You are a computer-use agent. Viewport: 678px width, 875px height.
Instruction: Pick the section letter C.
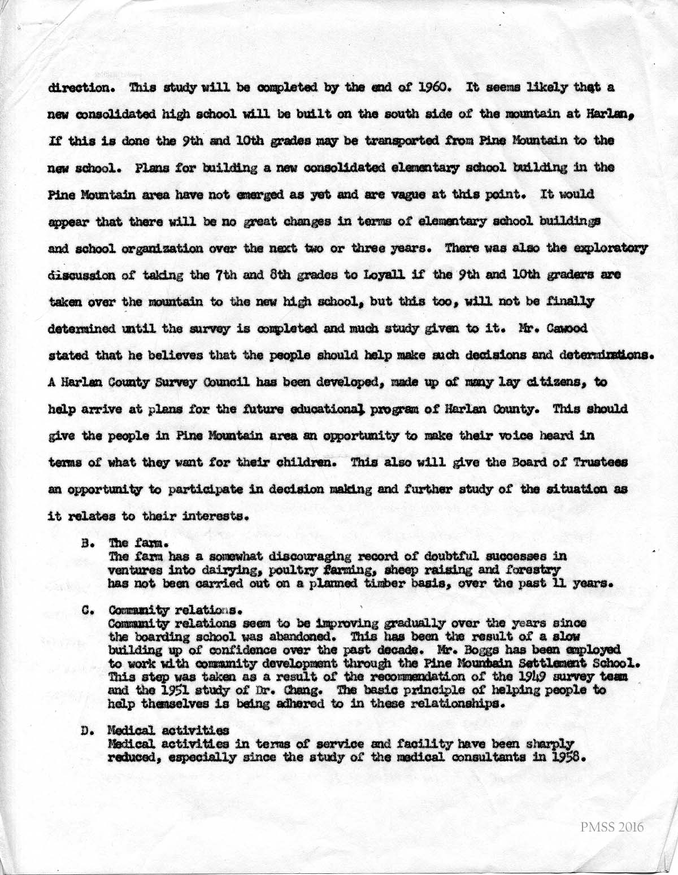[86, 611]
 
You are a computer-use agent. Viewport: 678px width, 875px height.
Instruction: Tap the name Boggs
[454, 650]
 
